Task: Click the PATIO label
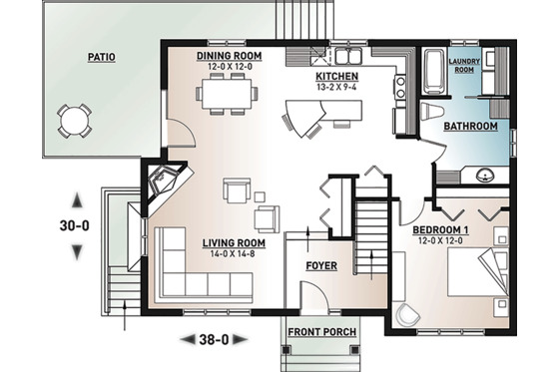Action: tap(100, 58)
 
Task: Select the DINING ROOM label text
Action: tap(229, 56)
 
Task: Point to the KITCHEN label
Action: tap(337, 76)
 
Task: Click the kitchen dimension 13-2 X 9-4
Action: tap(337, 87)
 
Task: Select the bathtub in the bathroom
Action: tap(435, 73)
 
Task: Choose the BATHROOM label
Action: tap(470, 127)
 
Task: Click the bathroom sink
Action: tap(485, 177)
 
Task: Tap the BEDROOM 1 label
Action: tap(441, 230)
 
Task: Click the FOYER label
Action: tap(321, 266)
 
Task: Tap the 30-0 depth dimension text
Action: tap(75, 225)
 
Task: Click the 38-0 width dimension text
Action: tap(211, 339)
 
